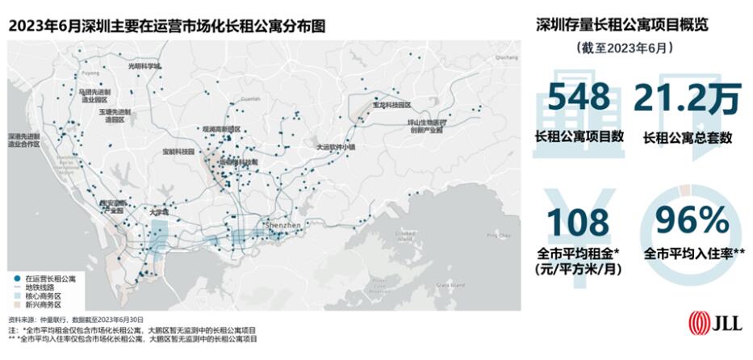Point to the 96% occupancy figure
692,222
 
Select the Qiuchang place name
506,58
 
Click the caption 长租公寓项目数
579,136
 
